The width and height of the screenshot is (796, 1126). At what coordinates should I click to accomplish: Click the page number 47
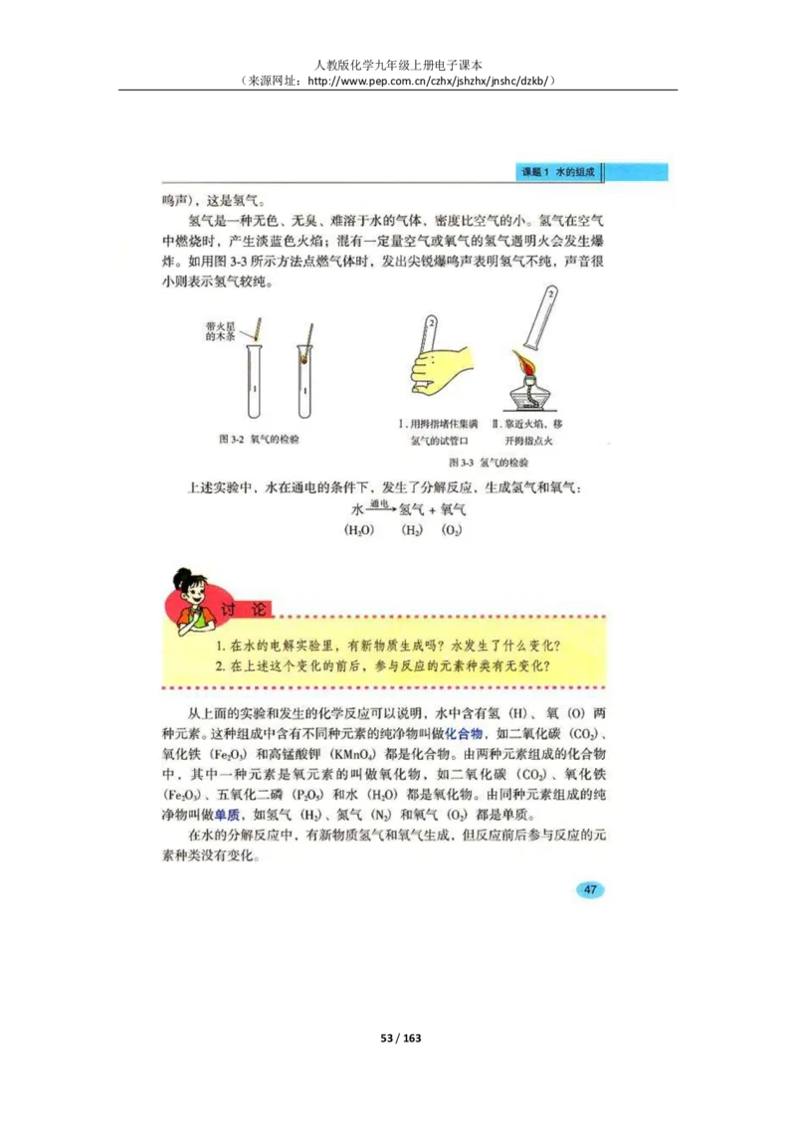[590, 889]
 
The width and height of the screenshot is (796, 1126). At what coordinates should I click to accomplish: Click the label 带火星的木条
[220, 331]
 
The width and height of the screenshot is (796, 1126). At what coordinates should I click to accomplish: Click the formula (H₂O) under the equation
[358, 530]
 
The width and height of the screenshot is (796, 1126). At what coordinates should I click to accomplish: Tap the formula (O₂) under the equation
[452, 530]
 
